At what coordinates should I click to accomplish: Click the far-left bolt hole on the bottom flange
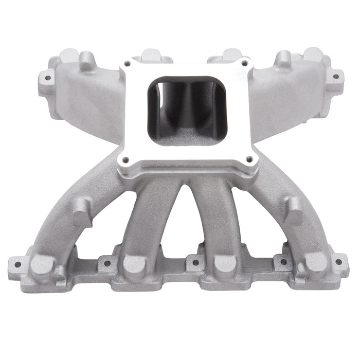[x=17, y=265]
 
